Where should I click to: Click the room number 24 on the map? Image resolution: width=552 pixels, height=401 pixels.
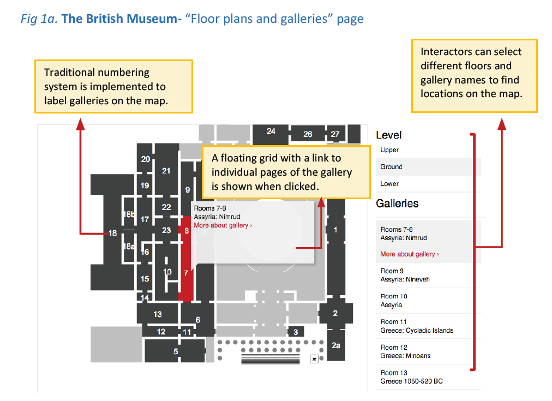(x=271, y=131)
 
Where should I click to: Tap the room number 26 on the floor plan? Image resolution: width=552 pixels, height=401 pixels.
(x=308, y=134)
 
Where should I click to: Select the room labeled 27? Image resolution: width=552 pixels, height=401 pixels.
(x=335, y=134)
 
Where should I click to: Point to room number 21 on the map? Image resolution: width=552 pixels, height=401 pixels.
(x=166, y=171)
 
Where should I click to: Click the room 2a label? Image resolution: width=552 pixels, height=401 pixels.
(x=336, y=345)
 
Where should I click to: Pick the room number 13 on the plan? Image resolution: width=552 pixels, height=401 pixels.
(x=157, y=314)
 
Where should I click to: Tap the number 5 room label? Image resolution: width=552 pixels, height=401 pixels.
(x=176, y=351)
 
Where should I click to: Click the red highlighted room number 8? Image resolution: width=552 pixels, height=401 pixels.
(x=187, y=231)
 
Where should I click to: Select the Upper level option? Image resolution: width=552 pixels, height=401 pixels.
(x=389, y=150)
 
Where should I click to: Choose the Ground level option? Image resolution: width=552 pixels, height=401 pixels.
(x=391, y=166)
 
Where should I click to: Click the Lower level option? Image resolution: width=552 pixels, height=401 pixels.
(x=389, y=183)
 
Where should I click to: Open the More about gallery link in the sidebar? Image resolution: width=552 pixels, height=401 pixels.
(x=410, y=254)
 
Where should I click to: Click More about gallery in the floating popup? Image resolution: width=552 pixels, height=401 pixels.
(x=223, y=225)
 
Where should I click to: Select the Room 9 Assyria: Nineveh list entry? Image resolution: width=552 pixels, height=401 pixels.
(x=405, y=275)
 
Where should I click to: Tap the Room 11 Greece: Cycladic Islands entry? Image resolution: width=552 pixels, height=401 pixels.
(x=417, y=326)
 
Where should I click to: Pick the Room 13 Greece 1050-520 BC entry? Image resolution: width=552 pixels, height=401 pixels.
(x=411, y=376)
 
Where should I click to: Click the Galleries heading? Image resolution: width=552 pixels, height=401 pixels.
(x=397, y=204)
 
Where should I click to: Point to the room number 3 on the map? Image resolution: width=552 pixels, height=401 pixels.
(x=296, y=332)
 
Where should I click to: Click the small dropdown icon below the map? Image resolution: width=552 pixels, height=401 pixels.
(x=314, y=359)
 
